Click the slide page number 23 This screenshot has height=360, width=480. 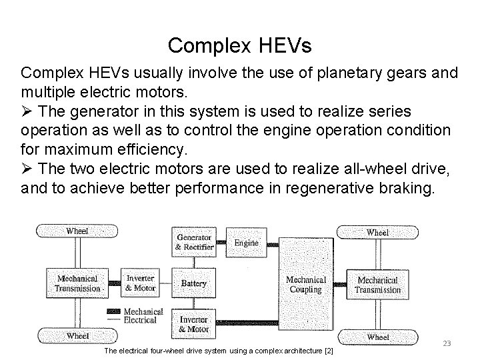(447, 343)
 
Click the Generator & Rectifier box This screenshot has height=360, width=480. (194, 242)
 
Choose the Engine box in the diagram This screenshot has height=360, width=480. (246, 243)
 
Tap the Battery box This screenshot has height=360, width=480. (194, 283)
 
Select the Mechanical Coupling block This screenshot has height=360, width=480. (306, 284)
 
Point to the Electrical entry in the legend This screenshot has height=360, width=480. (141, 319)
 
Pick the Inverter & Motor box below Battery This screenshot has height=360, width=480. (194, 324)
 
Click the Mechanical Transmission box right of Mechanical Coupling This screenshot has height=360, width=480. (377, 284)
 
